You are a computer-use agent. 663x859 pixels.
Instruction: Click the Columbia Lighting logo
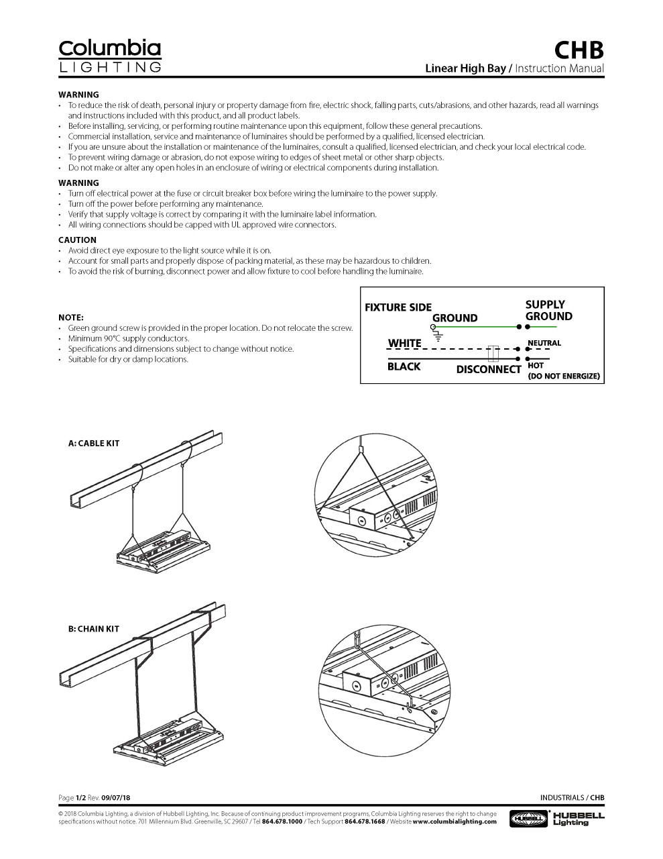110,56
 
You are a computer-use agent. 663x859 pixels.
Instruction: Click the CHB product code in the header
579,50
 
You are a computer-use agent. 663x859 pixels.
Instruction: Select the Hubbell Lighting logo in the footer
557,818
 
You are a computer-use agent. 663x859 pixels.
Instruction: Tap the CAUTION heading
77,240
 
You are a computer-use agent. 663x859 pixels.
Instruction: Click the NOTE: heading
71,317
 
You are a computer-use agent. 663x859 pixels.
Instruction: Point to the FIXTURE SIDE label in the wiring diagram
398,307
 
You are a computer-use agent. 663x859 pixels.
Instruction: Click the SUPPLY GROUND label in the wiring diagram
548,310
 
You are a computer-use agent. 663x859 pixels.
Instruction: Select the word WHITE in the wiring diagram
404,343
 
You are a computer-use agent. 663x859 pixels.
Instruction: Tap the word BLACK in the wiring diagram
404,366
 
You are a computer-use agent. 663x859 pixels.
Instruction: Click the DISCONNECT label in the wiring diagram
488,370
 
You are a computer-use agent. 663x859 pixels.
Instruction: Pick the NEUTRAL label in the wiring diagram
544,343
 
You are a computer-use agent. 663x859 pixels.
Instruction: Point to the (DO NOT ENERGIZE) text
563,376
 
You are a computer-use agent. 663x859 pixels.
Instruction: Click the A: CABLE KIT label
94,444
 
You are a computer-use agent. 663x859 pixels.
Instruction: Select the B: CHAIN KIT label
94,629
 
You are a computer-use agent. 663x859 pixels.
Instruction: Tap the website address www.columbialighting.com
455,821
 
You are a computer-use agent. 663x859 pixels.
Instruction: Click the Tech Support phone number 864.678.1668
365,821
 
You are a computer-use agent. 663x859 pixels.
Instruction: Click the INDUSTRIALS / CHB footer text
572,797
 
